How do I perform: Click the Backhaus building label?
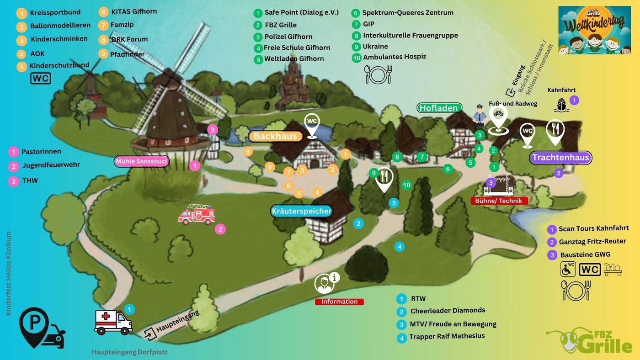pyautogui.click(x=276, y=136)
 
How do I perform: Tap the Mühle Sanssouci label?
pyautogui.click(x=142, y=161)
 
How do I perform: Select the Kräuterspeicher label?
pyautogui.click(x=301, y=211)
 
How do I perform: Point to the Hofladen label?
pyautogui.click(x=439, y=108)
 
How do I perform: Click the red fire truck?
pyautogui.click(x=197, y=214)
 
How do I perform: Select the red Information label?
pyautogui.click(x=339, y=302)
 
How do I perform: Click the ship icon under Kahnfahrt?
pyautogui.click(x=561, y=105)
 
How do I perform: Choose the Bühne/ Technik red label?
pyautogui.click(x=499, y=201)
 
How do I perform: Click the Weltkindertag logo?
pyautogui.click(x=594, y=30)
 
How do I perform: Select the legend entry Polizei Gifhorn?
pyautogui.click(x=288, y=37)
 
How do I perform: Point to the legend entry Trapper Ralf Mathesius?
pyautogui.click(x=447, y=336)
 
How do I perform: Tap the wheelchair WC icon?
pyautogui.click(x=568, y=269)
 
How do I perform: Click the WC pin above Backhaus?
pyautogui.click(x=312, y=124)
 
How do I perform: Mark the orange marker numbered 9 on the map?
pyautogui.click(x=248, y=151)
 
